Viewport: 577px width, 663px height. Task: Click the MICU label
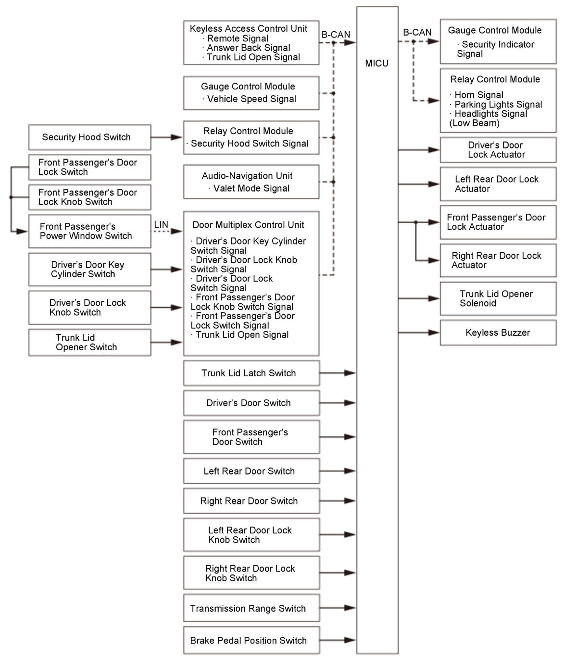click(376, 63)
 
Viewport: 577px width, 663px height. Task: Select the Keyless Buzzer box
click(498, 332)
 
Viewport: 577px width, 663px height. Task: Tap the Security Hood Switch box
click(89, 137)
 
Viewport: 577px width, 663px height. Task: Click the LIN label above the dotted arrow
click(161, 224)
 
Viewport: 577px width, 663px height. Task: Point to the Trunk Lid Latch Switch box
click(251, 373)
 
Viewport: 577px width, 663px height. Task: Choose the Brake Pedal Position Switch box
click(251, 640)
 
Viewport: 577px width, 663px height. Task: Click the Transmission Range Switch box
click(251, 608)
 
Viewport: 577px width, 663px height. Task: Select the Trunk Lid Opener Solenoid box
click(498, 298)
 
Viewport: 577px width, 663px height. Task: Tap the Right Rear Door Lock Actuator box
click(498, 260)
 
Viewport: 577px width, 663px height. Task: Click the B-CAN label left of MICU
click(336, 35)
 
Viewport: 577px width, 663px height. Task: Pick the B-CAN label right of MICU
click(417, 32)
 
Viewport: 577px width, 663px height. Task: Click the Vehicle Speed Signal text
click(251, 99)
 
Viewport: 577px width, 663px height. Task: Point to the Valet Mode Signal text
click(251, 188)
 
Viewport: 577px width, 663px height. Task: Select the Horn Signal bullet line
click(478, 95)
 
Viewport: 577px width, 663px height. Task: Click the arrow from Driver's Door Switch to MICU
click(338, 403)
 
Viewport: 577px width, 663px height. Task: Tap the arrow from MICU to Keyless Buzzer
click(418, 332)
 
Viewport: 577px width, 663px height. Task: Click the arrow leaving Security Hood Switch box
click(167, 137)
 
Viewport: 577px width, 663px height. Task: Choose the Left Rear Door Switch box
click(251, 471)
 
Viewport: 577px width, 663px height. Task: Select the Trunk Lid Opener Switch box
click(89, 343)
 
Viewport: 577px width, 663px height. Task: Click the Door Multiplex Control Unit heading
click(248, 225)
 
